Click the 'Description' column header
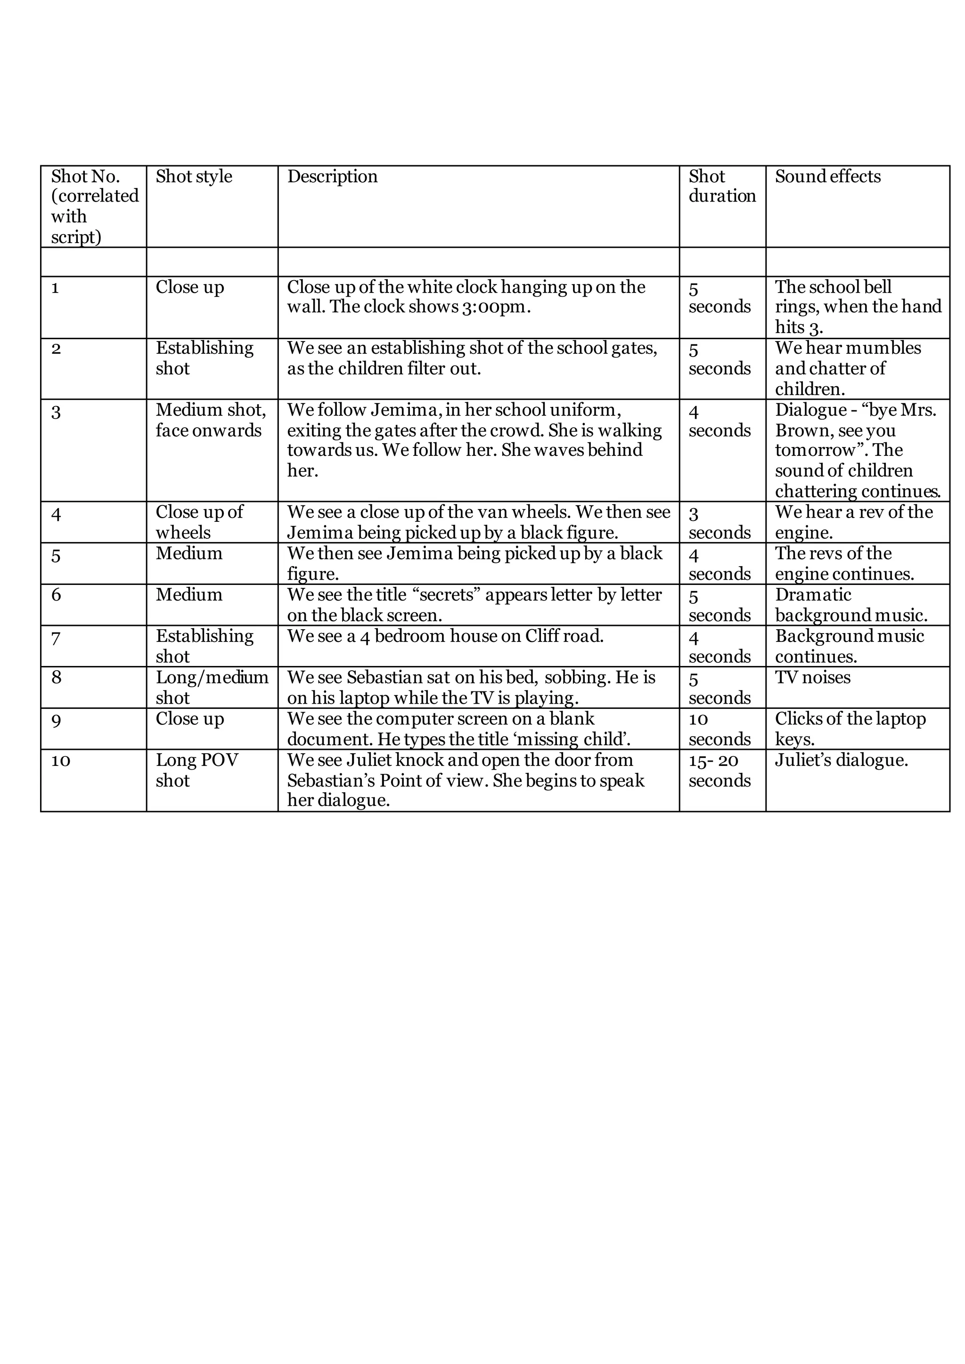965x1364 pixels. click(x=332, y=177)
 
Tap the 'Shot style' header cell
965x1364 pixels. click(x=194, y=177)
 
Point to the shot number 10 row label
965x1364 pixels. click(x=61, y=760)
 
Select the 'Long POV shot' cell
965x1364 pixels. click(x=196, y=770)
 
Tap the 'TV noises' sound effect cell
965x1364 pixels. click(x=812, y=677)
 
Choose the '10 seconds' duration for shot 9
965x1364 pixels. click(x=719, y=729)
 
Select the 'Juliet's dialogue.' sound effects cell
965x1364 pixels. click(x=842, y=760)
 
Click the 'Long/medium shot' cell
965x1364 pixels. click(x=212, y=687)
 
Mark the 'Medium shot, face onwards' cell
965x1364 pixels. click(x=210, y=420)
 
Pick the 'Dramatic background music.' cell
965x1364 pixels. click(x=851, y=605)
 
